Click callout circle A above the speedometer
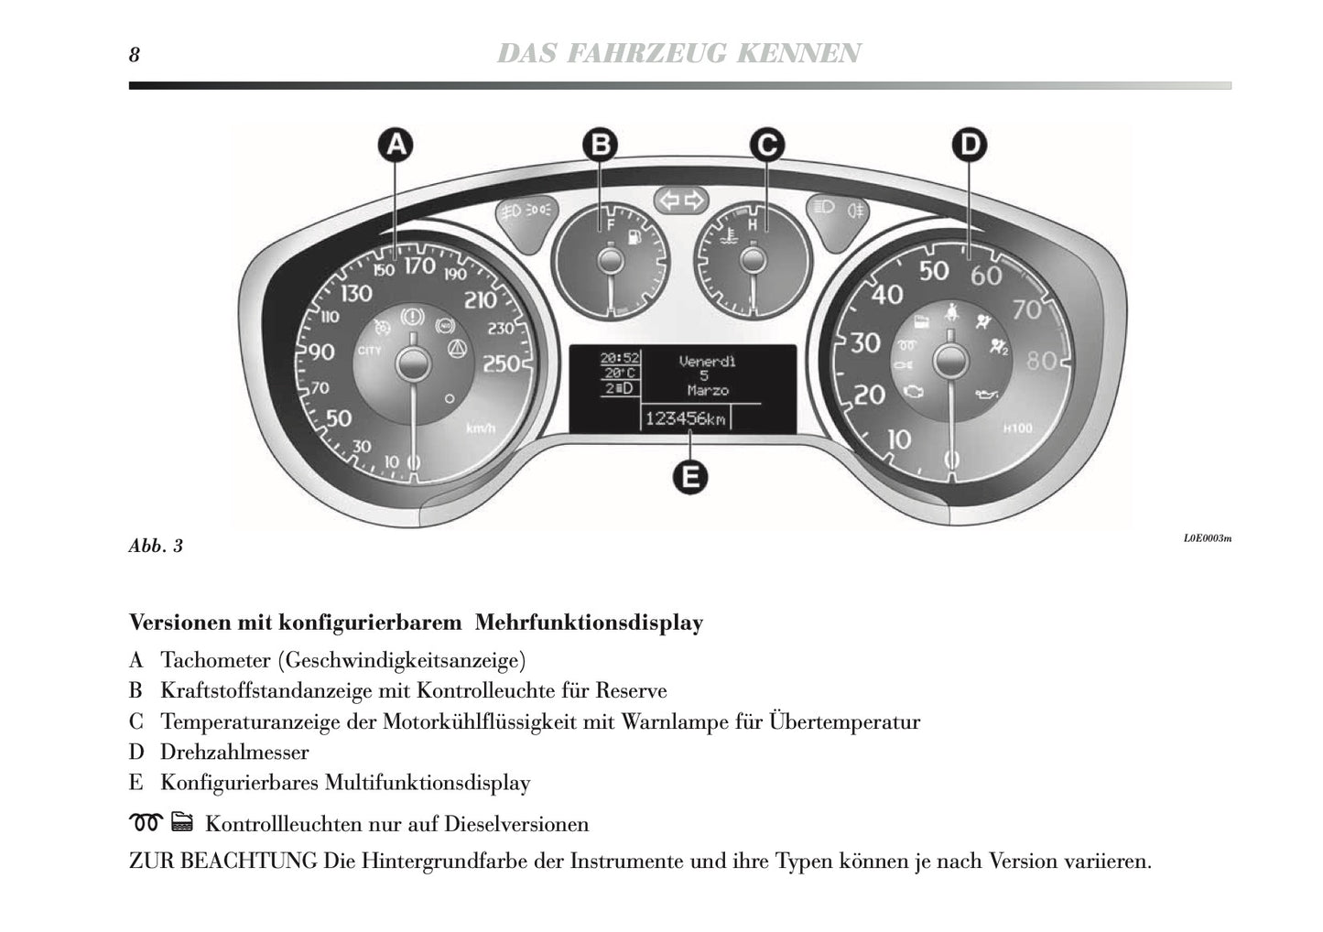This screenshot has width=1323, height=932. click(396, 145)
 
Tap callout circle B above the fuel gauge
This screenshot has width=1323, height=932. click(601, 145)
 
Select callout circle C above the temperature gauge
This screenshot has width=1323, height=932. click(766, 145)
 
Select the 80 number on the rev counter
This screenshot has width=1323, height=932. click(1042, 360)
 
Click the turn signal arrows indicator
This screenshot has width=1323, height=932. click(682, 200)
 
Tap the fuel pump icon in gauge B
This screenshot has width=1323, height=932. click(631, 238)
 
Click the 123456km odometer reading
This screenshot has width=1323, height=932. click(686, 418)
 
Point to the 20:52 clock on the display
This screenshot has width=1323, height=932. click(620, 358)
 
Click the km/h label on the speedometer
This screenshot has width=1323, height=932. click(480, 428)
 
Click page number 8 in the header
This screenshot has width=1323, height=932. click(135, 55)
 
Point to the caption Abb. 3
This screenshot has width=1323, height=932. click(156, 547)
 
